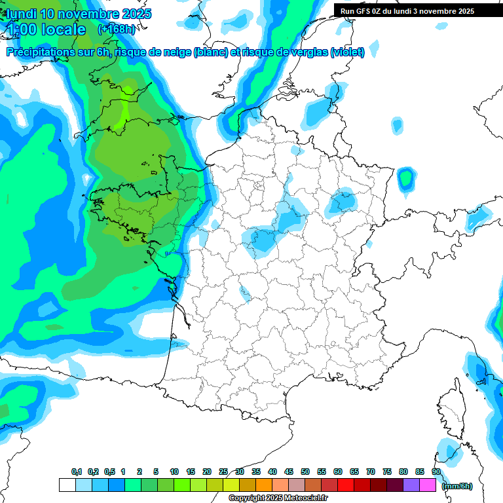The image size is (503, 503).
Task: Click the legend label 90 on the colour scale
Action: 436,472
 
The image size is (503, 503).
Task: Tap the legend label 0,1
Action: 77,472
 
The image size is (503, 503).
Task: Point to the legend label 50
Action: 305,472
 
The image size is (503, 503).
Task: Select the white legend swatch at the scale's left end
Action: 67,485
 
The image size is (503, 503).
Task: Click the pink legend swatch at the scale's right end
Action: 428,485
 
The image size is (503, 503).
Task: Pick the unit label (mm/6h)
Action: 457,486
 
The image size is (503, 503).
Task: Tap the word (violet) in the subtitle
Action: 347,52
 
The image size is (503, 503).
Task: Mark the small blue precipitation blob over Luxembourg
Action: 406,177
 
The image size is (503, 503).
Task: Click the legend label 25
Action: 223,472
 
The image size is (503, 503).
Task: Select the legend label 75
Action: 387,472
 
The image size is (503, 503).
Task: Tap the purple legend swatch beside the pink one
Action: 411,485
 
